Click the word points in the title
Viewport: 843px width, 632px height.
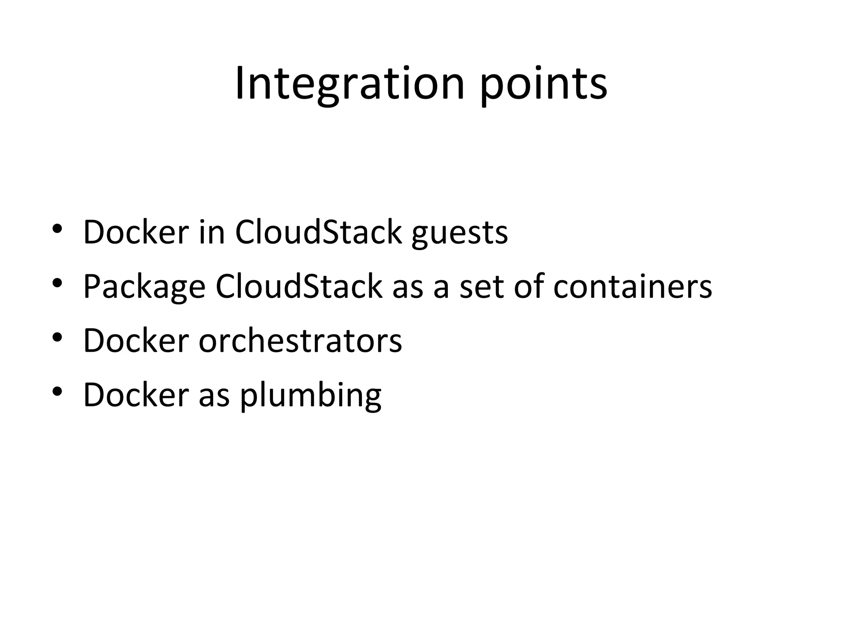click(543, 84)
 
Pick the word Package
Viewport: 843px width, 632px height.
click(144, 287)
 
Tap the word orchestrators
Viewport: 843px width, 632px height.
click(300, 341)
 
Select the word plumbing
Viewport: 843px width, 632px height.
click(311, 395)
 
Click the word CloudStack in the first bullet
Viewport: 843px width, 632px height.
click(318, 232)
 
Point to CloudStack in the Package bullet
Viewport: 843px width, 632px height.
click(299, 286)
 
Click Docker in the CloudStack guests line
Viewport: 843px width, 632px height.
click(136, 232)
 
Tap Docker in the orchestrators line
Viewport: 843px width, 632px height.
click(136, 341)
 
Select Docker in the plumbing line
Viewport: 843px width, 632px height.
click(136, 395)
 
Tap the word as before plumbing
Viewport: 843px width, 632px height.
click(214, 396)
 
